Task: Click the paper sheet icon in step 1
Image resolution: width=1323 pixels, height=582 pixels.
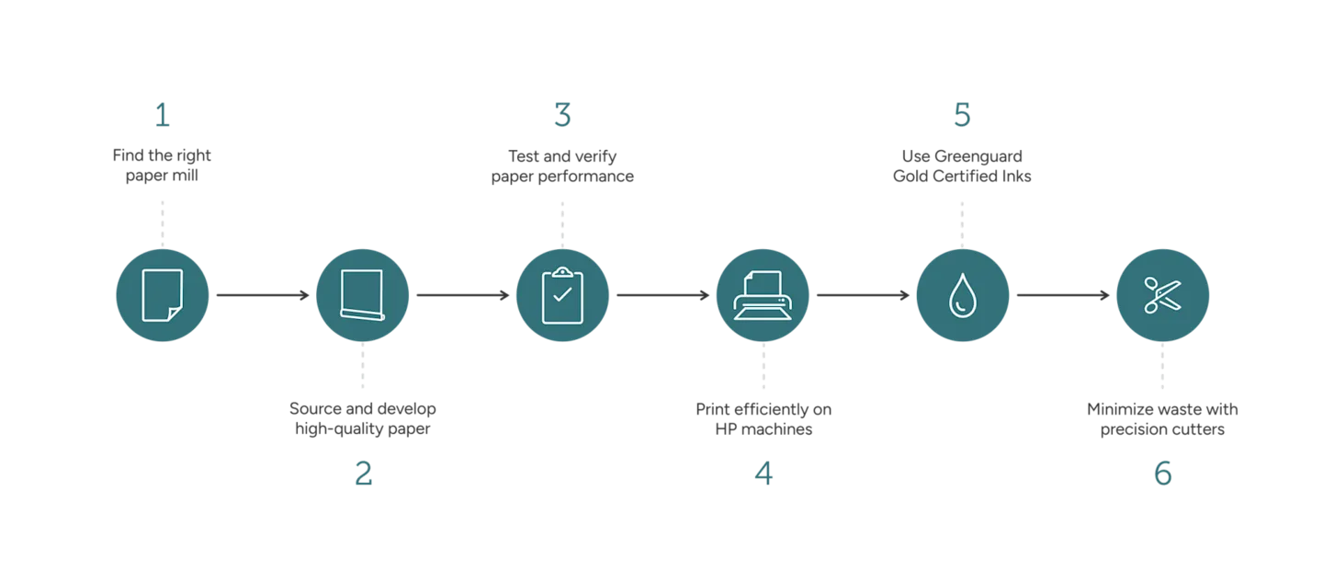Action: pyautogui.click(x=163, y=295)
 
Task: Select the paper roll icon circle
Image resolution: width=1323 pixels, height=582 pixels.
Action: pyautogui.click(x=362, y=295)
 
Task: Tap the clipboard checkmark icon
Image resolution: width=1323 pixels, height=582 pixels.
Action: pyautogui.click(x=561, y=295)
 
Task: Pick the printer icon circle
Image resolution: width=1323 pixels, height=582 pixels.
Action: pyautogui.click(x=761, y=295)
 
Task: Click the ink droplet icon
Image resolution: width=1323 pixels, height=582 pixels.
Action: pyautogui.click(x=962, y=295)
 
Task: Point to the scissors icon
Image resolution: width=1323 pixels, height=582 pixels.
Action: pyautogui.click(x=1162, y=295)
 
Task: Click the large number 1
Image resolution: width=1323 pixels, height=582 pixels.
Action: pyautogui.click(x=163, y=116)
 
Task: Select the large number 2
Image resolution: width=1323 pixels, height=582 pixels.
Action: pyautogui.click(x=363, y=473)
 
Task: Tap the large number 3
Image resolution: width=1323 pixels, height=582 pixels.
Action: pyautogui.click(x=561, y=116)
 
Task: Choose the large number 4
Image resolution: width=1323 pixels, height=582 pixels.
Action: pyautogui.click(x=763, y=473)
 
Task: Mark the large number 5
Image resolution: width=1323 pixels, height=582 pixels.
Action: pyautogui.click(x=962, y=116)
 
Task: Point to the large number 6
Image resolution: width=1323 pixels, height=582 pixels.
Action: pyautogui.click(x=1163, y=473)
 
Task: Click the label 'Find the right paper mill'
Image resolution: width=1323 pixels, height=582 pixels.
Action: pyautogui.click(x=162, y=165)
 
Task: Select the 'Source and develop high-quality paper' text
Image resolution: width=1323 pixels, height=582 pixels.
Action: pyautogui.click(x=363, y=419)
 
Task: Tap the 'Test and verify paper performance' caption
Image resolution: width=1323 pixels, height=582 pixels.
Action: pyautogui.click(x=561, y=165)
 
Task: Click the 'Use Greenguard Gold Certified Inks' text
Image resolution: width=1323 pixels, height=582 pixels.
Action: pyautogui.click(x=962, y=165)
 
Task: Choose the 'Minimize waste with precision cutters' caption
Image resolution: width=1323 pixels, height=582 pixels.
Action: pyautogui.click(x=1163, y=419)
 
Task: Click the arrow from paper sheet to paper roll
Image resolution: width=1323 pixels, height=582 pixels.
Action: pyautogui.click(x=262, y=295)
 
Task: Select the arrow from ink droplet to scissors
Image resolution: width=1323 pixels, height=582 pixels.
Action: pyautogui.click(x=1062, y=295)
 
